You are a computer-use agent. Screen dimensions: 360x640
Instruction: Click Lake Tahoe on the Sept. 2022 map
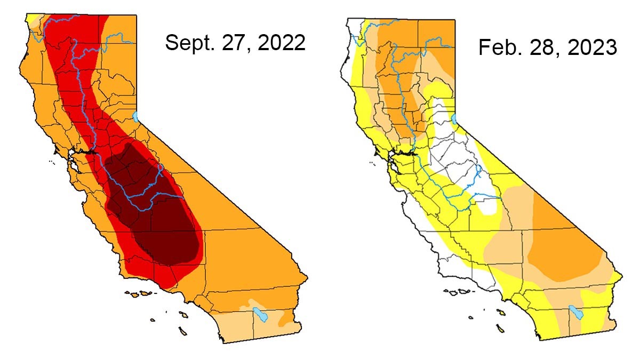pos(135,116)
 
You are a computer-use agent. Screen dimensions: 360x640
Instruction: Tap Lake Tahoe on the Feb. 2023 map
pos(454,119)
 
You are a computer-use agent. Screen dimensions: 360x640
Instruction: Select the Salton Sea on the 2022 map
pos(260,314)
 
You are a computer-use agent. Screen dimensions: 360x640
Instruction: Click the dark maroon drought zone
pos(155,208)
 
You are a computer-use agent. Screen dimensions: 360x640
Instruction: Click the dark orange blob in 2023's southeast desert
pos(560,245)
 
